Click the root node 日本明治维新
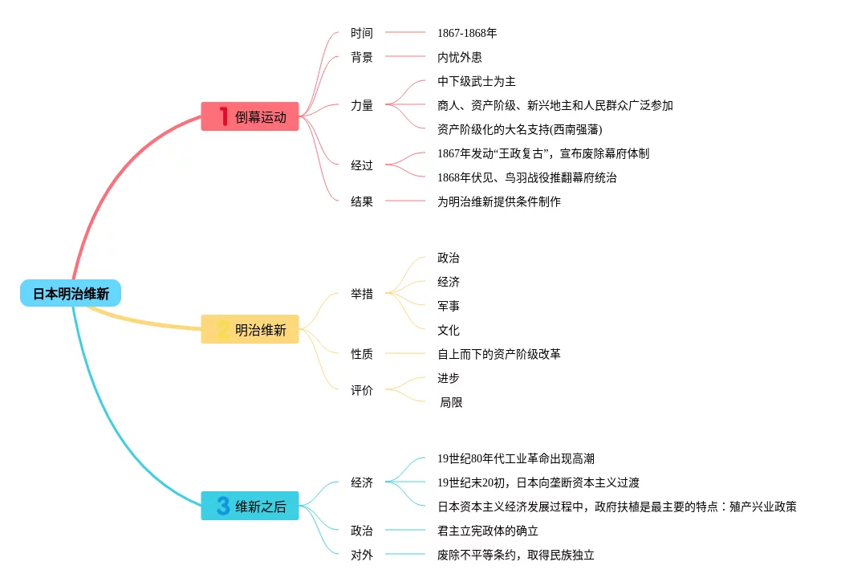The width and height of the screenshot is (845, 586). point(71,294)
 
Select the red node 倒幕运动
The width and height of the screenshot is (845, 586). point(250,116)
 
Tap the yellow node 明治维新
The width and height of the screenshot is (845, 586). point(250,329)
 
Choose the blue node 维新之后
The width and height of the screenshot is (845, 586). point(250,507)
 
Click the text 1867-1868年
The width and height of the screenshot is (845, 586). point(467,33)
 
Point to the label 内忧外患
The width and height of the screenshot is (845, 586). point(459,57)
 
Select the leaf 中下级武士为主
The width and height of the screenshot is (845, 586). point(476,81)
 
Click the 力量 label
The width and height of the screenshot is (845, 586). point(362,105)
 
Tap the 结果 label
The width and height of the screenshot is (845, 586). point(362,201)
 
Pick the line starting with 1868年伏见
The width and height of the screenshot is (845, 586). point(526,177)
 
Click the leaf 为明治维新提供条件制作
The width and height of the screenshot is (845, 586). point(498,201)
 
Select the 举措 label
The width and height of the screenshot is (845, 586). point(362,294)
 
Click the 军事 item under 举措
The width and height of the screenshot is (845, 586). point(449,306)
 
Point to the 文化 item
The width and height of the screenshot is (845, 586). point(449,330)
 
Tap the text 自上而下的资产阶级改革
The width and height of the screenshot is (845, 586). point(498,354)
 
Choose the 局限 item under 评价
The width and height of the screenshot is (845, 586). point(451,402)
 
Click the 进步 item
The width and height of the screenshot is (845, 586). point(449,378)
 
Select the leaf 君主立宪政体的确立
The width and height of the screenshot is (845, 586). point(487,531)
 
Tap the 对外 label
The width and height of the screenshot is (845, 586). point(362,555)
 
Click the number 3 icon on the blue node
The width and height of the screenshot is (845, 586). point(222,507)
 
